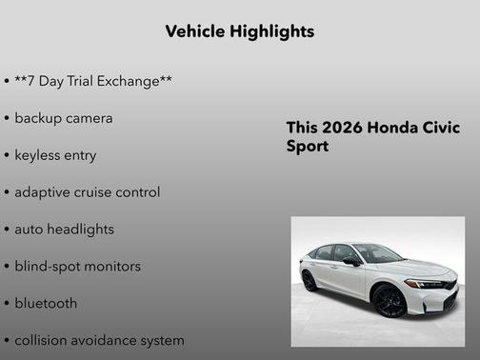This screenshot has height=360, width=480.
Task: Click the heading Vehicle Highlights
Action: (x=239, y=31)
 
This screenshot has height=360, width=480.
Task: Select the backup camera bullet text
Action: (x=64, y=118)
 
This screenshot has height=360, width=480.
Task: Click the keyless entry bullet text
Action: (x=55, y=155)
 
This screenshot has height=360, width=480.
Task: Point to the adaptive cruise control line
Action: (x=88, y=192)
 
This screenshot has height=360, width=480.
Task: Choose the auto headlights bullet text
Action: (x=64, y=230)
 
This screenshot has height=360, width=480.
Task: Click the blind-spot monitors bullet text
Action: (x=77, y=267)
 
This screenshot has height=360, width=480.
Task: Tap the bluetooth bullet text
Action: (x=46, y=304)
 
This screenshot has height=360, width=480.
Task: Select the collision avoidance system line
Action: (x=99, y=340)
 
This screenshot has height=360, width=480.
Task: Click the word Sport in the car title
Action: (x=308, y=148)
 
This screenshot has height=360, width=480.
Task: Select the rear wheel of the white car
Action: (x=310, y=281)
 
